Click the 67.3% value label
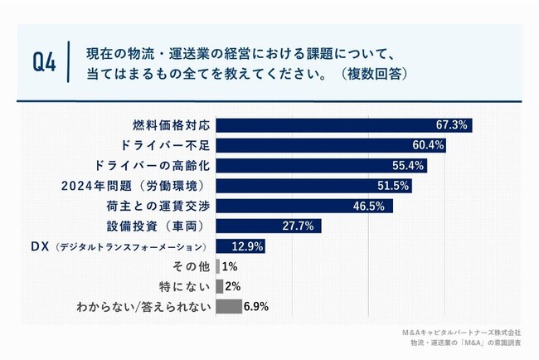(452, 125)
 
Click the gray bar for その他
(217, 266)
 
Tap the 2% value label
(233, 286)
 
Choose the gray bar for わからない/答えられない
(228, 306)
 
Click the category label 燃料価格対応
(172, 125)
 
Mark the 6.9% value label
(256, 307)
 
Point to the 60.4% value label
(430, 145)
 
